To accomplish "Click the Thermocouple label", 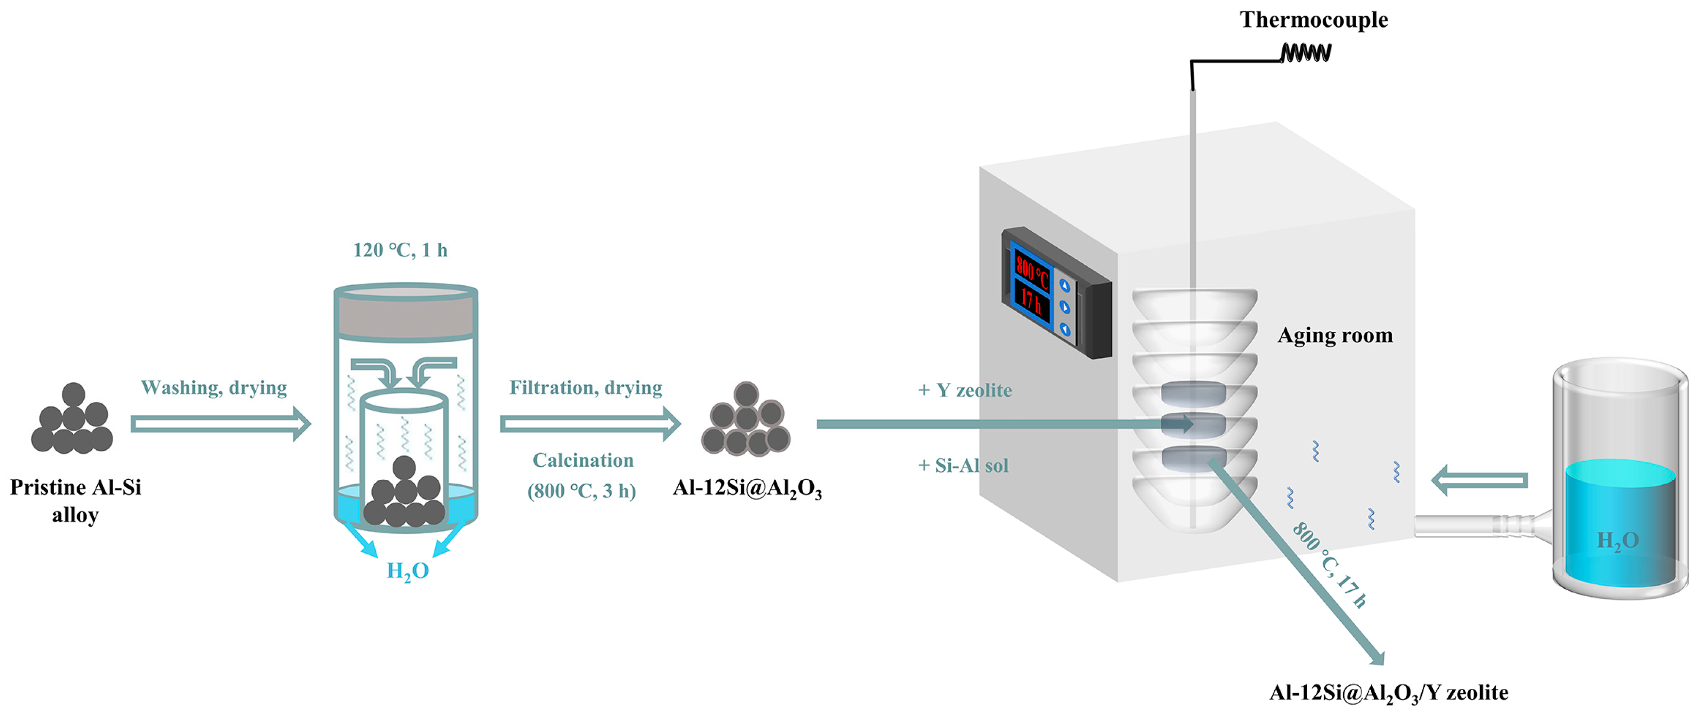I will click(x=1313, y=20).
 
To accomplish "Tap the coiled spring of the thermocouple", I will click(x=1306, y=52).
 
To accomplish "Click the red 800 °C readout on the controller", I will click(x=1032, y=271).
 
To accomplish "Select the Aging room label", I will click(x=1335, y=336).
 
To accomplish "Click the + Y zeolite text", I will click(x=964, y=391).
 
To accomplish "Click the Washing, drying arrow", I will click(x=220, y=424).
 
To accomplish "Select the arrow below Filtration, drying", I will click(x=590, y=424).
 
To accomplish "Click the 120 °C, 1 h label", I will click(x=400, y=250).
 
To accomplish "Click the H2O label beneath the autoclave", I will click(x=408, y=571).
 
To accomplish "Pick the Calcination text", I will click(x=583, y=460).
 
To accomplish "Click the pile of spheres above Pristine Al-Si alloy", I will click(x=72, y=421).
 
